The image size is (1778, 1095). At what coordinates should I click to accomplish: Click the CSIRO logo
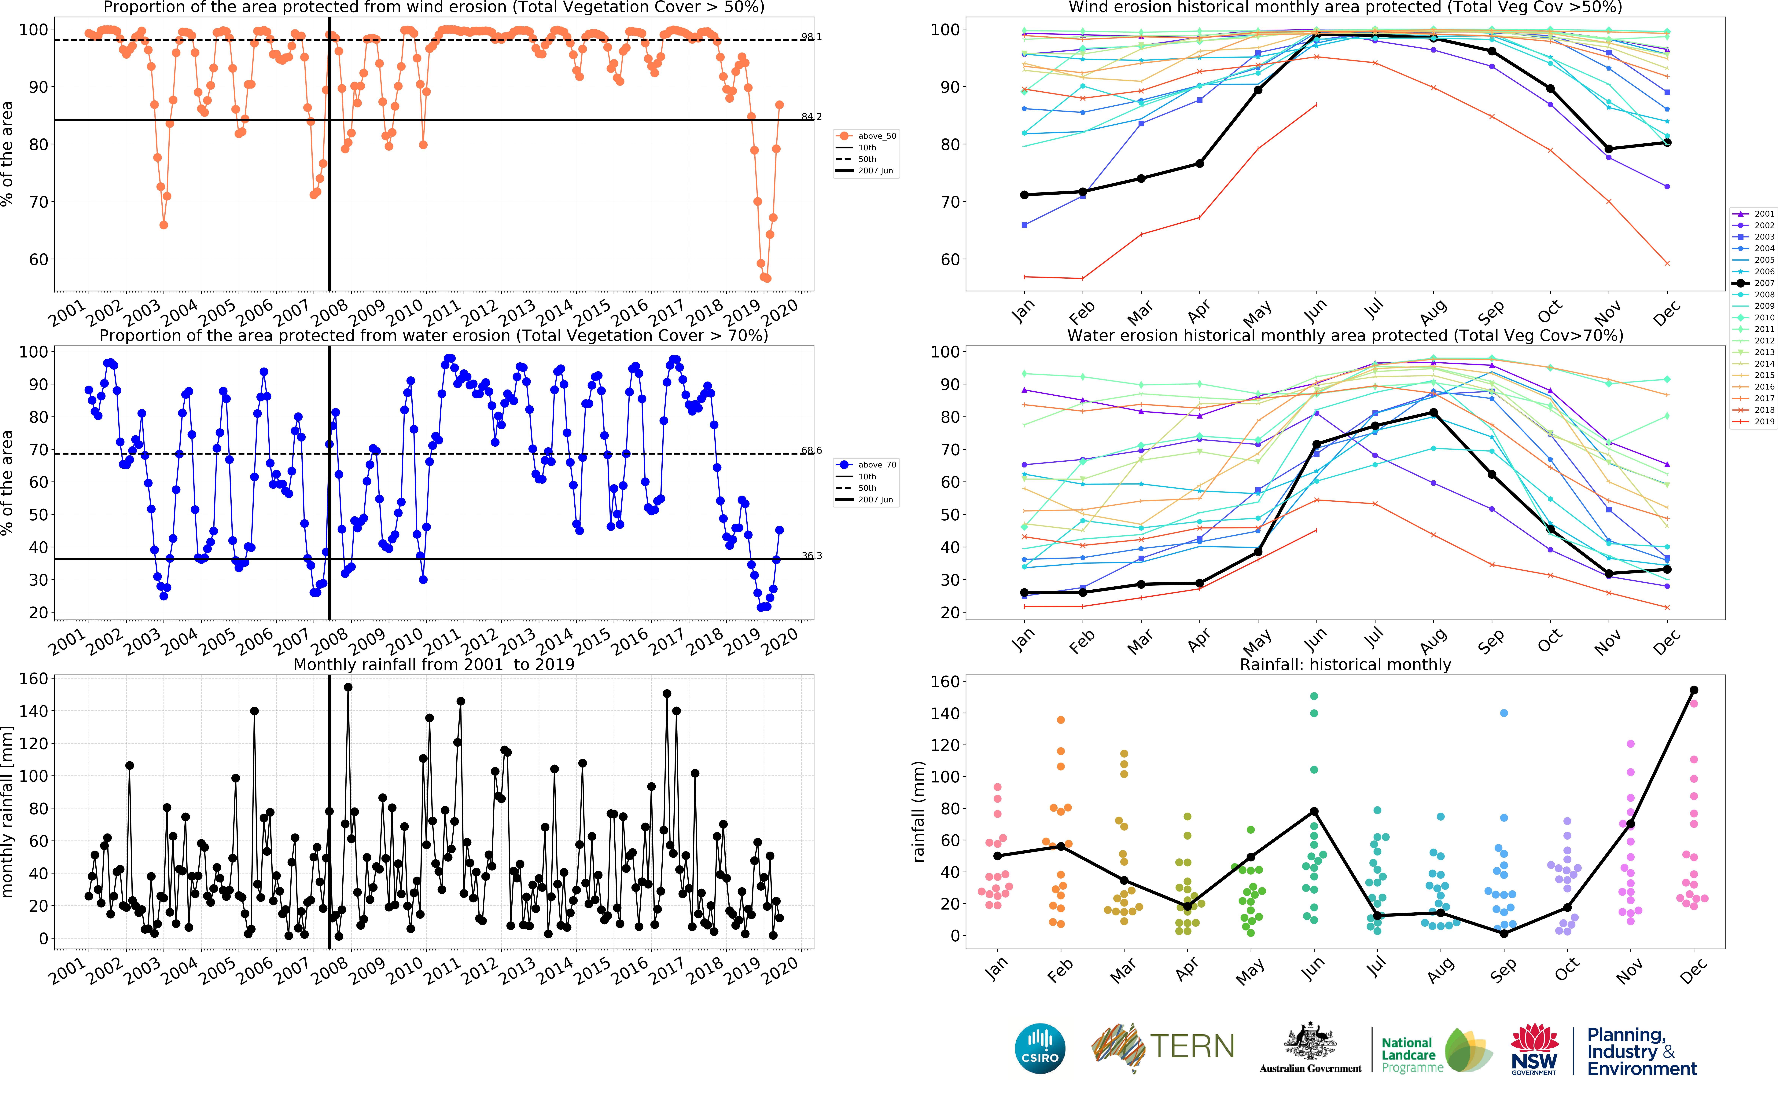(1040, 1048)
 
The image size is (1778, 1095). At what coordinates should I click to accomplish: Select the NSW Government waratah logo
(1534, 1048)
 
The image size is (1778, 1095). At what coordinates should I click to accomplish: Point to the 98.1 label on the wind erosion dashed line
(811, 37)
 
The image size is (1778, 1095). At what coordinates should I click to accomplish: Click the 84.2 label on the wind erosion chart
(811, 117)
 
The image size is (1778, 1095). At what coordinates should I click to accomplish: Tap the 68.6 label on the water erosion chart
(811, 450)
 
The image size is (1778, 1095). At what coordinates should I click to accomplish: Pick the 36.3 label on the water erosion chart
(811, 555)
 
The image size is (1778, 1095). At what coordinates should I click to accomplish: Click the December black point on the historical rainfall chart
(1693, 690)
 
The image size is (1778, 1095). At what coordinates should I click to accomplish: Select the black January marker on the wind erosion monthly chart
(1024, 195)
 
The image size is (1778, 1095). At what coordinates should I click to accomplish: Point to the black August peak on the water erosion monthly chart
(1433, 413)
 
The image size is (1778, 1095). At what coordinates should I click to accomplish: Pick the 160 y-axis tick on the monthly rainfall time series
(33, 679)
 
